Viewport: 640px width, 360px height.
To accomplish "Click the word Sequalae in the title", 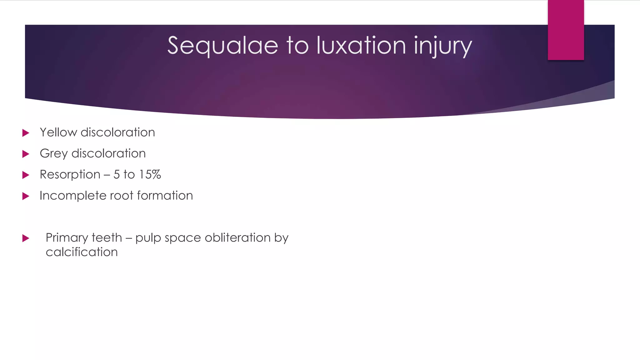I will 222,46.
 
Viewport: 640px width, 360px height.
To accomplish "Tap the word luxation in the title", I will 361,46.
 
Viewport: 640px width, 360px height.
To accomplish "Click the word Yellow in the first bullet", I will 58,132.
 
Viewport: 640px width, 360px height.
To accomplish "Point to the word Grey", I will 53,154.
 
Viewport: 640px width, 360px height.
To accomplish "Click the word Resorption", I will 70,174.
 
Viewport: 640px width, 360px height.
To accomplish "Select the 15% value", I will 150,174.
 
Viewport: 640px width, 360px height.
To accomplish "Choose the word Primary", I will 66,238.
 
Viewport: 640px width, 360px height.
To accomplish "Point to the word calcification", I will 82,252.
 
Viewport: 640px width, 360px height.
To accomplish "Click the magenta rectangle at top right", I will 566,30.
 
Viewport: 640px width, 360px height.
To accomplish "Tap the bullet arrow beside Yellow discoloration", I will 26,133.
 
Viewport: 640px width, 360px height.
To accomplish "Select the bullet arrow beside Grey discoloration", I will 26,154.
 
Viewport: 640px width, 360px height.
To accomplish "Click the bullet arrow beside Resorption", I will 26,175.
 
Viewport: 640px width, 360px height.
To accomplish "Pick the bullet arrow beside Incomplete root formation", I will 26,196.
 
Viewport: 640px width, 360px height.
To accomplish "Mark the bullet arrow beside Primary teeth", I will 26,238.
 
